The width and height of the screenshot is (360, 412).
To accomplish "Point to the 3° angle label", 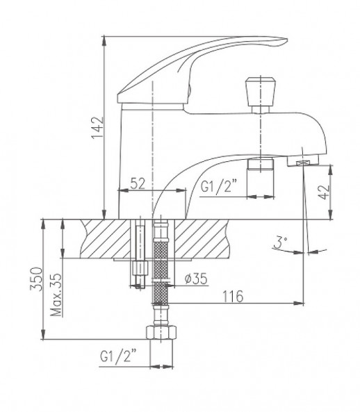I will click(x=280, y=244).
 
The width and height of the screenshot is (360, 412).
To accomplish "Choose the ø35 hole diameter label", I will click(x=196, y=280).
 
